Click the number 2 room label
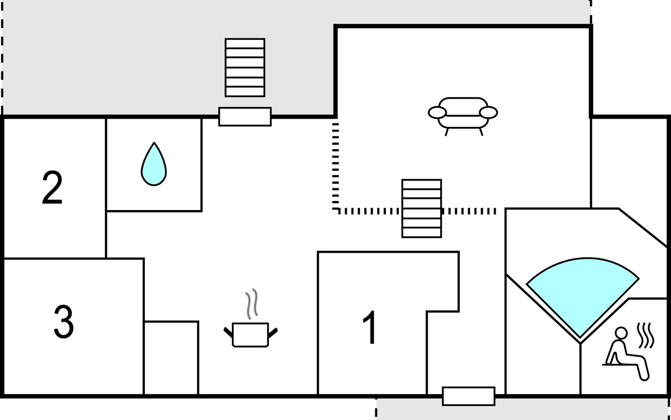(52, 188)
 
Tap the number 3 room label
(64, 322)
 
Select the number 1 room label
(369, 327)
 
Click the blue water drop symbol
(154, 164)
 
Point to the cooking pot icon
(250, 335)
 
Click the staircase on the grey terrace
(245, 68)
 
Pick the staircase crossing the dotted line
(422, 209)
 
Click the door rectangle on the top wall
(245, 117)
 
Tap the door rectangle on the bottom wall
(469, 396)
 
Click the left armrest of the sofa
(437, 112)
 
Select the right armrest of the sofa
(488, 112)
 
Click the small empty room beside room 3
(171, 358)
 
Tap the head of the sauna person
(621, 333)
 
